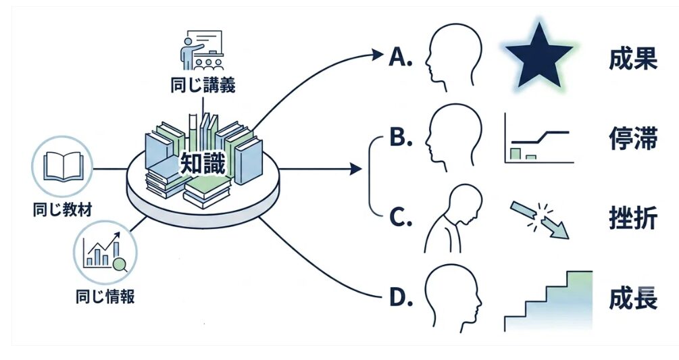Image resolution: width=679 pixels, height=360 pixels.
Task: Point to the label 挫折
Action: [x=633, y=217]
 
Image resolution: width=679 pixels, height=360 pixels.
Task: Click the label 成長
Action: [x=633, y=299]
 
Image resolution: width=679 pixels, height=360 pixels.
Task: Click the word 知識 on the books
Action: [x=203, y=163]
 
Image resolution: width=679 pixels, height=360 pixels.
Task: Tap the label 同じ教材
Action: [x=62, y=210]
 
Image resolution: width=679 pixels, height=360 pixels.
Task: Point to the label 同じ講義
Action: [x=203, y=85]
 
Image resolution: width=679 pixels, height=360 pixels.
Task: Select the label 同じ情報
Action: [x=105, y=297]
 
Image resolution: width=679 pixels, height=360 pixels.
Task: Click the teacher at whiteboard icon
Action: [x=202, y=50]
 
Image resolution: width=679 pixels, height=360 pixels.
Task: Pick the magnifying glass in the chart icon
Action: [x=120, y=264]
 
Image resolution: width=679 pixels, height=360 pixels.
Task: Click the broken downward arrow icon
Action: [x=539, y=220]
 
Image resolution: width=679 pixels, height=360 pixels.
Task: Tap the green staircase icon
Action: [x=548, y=301]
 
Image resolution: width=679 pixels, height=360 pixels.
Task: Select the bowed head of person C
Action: [x=466, y=203]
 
